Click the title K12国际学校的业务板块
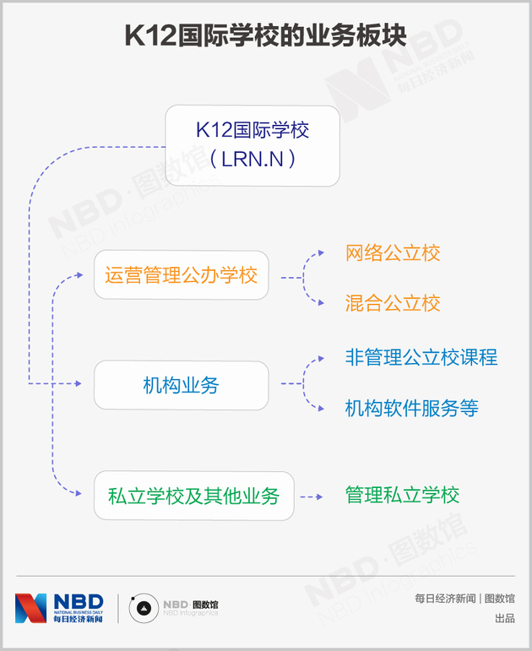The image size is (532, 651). coord(265,36)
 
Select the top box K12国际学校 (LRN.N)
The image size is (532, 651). coord(252,145)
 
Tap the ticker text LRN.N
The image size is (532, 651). coord(252,159)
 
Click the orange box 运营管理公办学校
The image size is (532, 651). coord(181,275)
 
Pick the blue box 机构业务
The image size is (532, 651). coord(181,385)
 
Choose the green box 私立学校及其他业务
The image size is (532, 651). coord(193,496)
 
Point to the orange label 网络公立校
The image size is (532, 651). coord(393,252)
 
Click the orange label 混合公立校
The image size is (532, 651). coord(393,303)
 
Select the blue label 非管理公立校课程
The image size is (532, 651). coord(421,356)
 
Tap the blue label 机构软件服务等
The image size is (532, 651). coord(411,409)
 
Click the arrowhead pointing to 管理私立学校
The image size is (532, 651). coord(318,496)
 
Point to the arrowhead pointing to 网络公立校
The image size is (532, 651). coord(320,252)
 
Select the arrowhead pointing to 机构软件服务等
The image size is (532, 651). coord(320,409)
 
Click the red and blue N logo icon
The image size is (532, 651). coord(31,608)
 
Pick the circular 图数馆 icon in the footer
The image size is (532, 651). coord(143,608)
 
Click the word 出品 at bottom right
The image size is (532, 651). coord(504,619)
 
